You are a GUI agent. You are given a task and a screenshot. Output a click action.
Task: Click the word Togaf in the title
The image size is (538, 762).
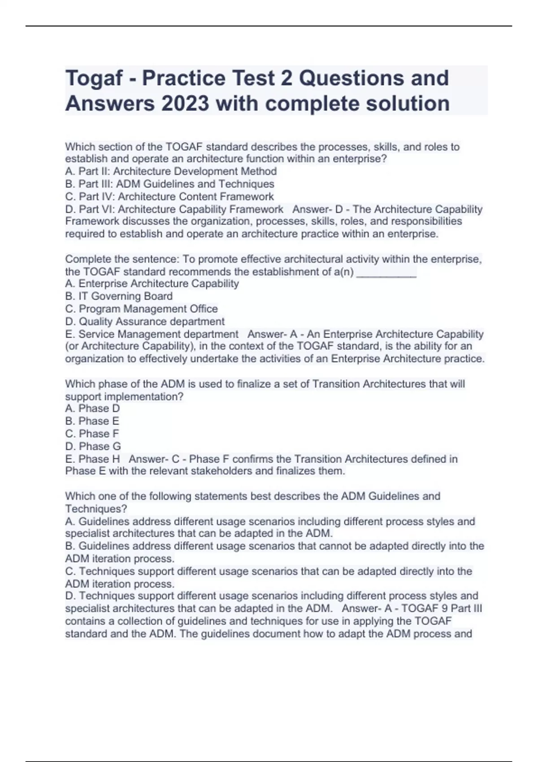[94, 78]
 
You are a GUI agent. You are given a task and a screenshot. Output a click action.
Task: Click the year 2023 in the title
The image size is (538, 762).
[185, 104]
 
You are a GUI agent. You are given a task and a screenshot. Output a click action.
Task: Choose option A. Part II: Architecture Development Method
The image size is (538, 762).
[171, 171]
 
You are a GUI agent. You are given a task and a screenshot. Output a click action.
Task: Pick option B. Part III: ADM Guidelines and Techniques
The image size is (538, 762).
[169, 184]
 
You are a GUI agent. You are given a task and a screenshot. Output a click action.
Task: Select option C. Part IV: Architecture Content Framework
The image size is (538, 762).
[169, 196]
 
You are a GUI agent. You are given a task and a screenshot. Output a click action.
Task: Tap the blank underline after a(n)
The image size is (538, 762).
[386, 273]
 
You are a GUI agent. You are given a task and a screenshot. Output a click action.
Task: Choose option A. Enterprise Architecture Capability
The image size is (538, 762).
[152, 283]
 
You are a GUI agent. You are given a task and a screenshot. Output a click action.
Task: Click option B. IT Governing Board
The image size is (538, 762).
[119, 296]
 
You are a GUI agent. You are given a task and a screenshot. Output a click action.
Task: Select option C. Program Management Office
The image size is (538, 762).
[141, 309]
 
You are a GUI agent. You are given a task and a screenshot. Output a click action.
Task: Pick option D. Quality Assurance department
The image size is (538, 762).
[145, 321]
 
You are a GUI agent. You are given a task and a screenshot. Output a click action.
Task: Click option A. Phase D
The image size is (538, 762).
[92, 408]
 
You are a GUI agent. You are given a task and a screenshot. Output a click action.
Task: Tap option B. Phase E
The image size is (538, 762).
[92, 421]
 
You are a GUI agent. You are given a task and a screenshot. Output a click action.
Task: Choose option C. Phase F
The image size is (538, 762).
[92, 433]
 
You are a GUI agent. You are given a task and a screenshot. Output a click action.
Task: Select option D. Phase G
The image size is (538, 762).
[93, 446]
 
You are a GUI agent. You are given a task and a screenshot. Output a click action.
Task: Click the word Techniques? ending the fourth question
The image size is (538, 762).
[96, 509]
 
